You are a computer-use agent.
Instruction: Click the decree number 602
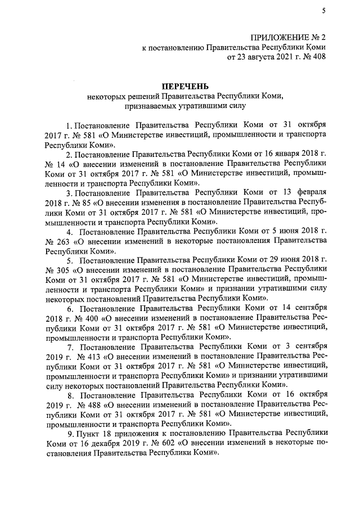click(x=139, y=443)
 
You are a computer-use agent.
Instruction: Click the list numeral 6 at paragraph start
click(x=70, y=308)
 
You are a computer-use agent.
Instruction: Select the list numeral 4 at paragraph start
click(x=70, y=232)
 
